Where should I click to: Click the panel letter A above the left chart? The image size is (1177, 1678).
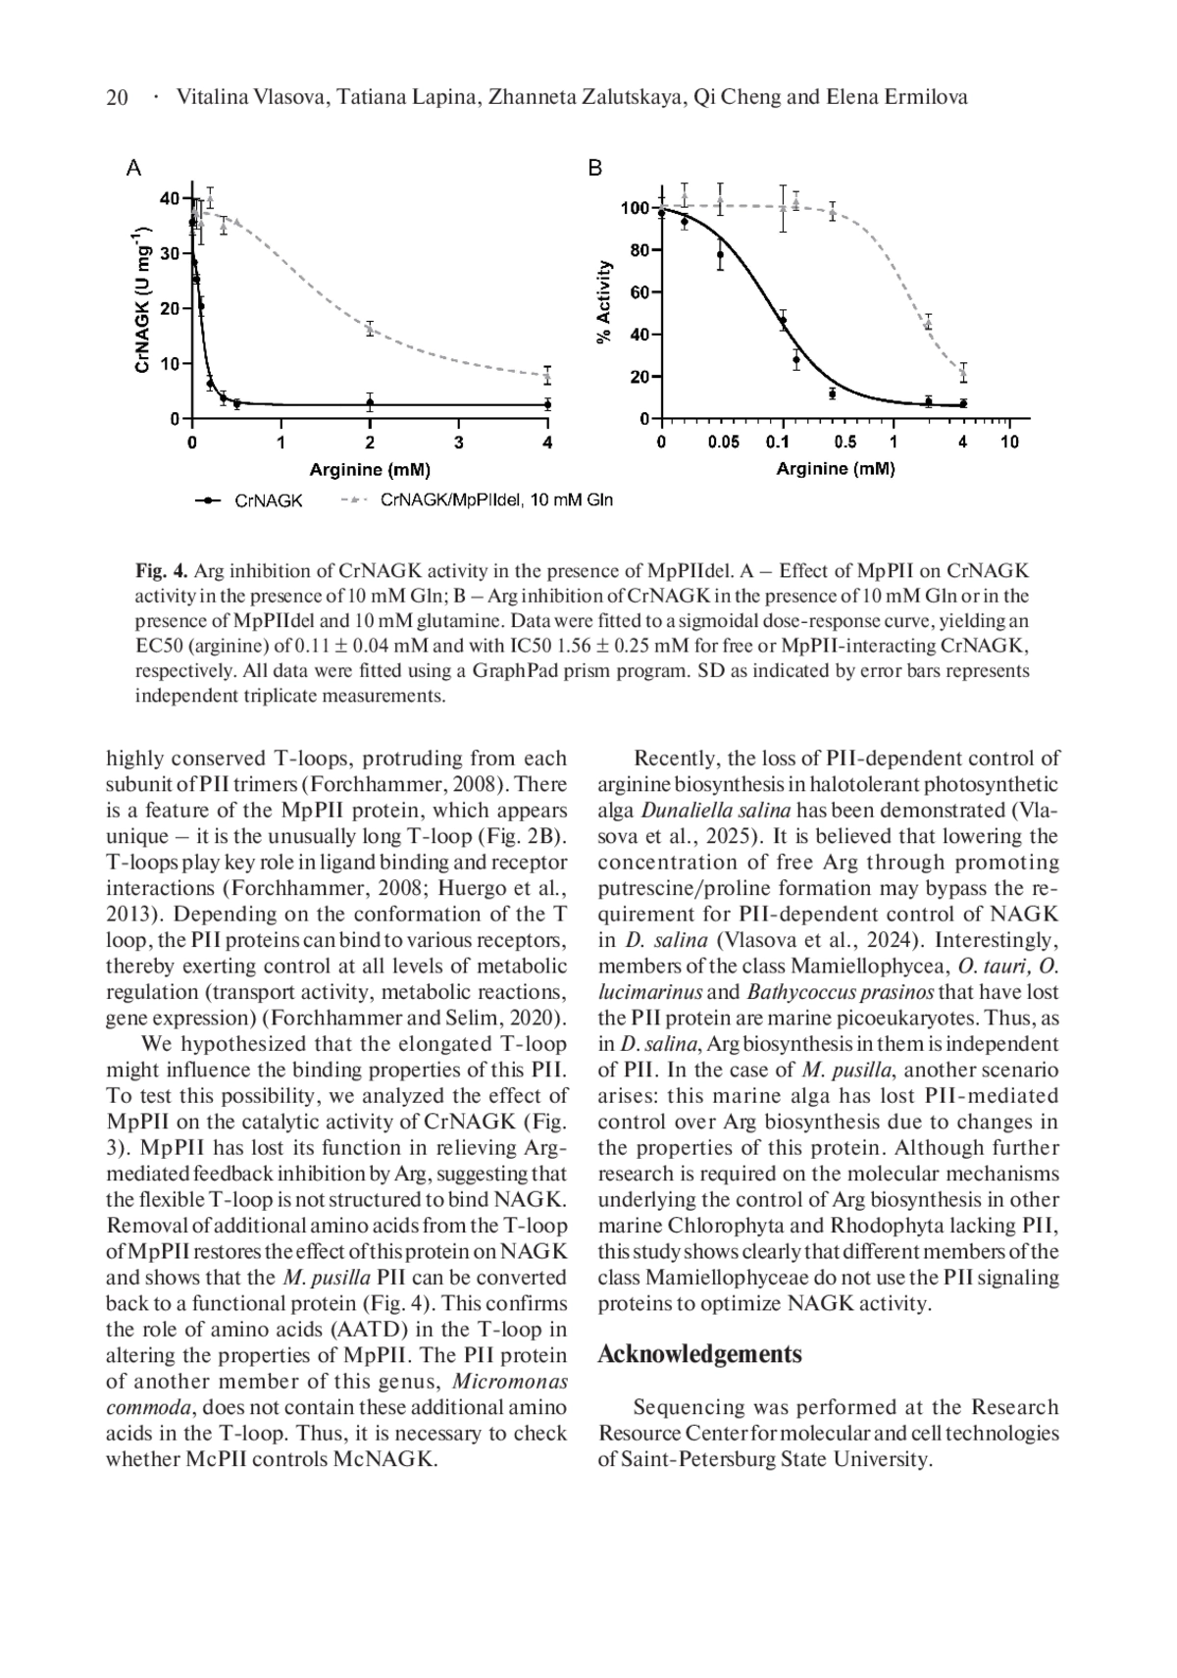tap(134, 168)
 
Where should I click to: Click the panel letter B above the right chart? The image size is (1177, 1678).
tap(594, 168)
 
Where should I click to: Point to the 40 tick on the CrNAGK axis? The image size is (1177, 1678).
tap(170, 199)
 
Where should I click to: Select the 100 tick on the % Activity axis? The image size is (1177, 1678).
tap(635, 208)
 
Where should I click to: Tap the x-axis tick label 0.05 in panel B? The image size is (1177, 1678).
tap(723, 443)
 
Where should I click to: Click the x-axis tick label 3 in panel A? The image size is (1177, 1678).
tap(458, 443)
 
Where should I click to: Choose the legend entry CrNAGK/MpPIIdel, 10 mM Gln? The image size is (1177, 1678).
tap(495, 500)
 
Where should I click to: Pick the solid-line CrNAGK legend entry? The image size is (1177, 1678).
tap(268, 500)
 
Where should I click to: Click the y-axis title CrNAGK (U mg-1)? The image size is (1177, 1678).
tap(142, 299)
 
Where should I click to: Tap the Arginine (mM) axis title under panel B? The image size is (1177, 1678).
tap(835, 469)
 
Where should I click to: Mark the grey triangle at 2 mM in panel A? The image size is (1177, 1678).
tap(370, 329)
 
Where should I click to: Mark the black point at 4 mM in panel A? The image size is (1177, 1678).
tap(546, 404)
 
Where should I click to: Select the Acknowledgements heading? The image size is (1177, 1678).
tap(699, 1354)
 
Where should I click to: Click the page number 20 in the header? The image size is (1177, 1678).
tap(117, 97)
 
